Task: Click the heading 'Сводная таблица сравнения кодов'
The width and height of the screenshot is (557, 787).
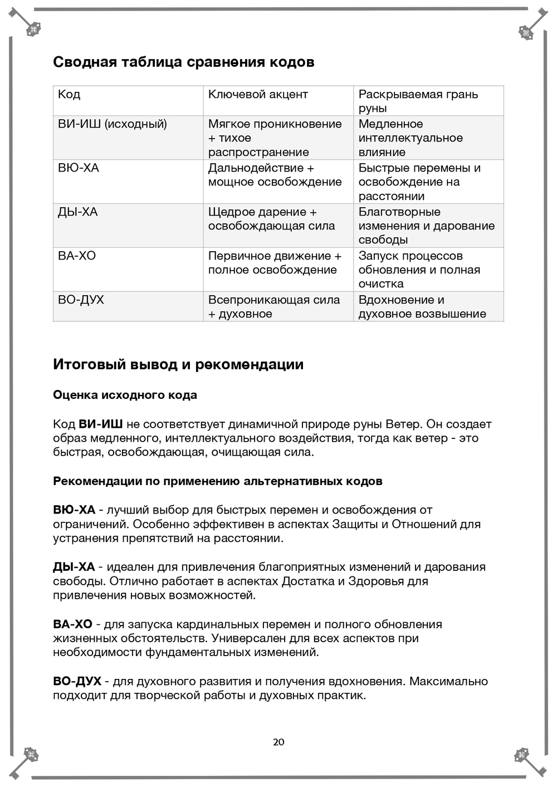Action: click(183, 62)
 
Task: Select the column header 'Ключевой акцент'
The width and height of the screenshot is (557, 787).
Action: click(258, 95)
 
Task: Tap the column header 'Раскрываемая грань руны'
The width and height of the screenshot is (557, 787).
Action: click(418, 101)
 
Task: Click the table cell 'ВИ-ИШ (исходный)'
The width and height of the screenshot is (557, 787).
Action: click(113, 124)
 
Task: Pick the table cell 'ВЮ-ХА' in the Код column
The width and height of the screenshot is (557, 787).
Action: click(79, 168)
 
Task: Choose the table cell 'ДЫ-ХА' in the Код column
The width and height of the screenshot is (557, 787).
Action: click(78, 212)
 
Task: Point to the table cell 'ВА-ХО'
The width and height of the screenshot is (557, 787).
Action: click(77, 256)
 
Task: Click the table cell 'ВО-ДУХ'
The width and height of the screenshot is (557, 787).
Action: click(81, 300)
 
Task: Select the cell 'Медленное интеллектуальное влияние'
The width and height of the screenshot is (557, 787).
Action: click(411, 138)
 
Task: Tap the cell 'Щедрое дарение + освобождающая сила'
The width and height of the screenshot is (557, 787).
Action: click(271, 219)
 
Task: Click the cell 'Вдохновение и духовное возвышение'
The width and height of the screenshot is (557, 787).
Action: click(422, 307)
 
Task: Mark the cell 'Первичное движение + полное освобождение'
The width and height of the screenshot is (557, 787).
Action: click(275, 263)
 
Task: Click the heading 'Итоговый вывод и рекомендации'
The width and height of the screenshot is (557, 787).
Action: click(178, 365)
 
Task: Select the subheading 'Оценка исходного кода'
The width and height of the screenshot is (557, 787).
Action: click(125, 395)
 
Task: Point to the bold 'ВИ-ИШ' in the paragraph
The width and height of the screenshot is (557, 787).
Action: click(101, 424)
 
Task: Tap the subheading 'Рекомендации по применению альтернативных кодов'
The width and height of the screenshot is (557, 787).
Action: click(217, 481)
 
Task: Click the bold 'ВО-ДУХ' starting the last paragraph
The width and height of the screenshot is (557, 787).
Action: click(77, 682)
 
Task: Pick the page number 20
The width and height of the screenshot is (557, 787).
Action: click(278, 742)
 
